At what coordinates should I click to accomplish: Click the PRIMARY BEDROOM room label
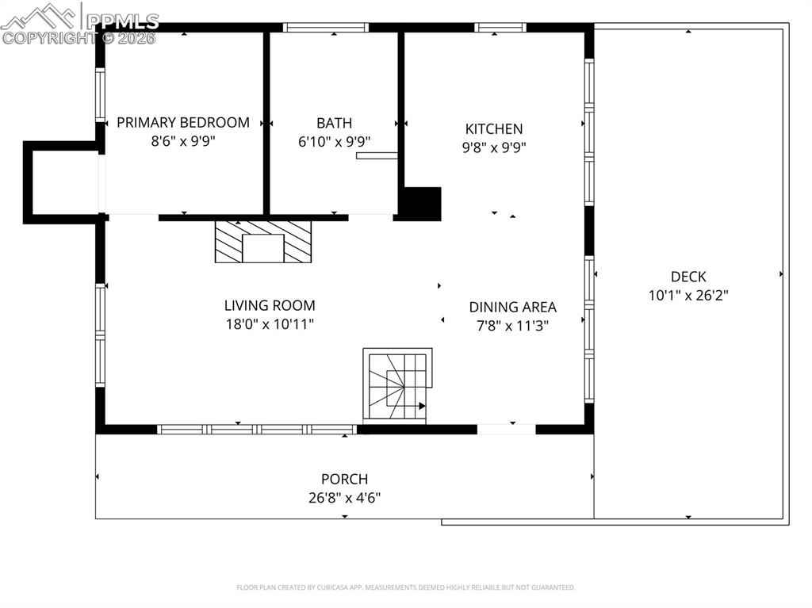(183, 123)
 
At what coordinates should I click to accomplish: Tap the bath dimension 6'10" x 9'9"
(334, 141)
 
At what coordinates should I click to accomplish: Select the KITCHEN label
(493, 129)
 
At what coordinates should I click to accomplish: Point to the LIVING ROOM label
(270, 305)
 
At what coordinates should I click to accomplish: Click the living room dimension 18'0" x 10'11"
(270, 324)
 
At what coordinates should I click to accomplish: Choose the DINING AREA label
(513, 307)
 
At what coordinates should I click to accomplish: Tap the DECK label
(688, 277)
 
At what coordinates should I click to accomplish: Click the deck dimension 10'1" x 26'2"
(688, 295)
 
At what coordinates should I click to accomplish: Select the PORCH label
(344, 479)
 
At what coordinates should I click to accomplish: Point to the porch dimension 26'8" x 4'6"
(344, 498)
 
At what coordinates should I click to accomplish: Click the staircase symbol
(397, 384)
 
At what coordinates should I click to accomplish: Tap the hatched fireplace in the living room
(263, 242)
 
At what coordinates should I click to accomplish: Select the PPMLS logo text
(122, 21)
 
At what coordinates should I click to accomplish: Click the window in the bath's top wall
(326, 28)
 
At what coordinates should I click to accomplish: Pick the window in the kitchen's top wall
(500, 28)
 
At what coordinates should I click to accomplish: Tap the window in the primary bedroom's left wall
(100, 95)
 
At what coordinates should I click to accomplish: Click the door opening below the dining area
(506, 430)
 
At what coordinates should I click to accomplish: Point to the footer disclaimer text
(405, 587)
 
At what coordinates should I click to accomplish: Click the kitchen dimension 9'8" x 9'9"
(493, 147)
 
